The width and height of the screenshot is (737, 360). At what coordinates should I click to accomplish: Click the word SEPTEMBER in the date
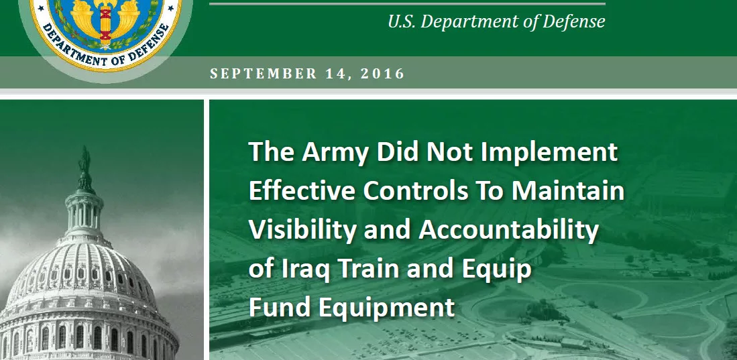264,74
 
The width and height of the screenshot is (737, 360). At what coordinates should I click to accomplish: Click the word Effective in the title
302,191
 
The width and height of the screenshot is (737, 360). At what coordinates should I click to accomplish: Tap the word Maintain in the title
568,191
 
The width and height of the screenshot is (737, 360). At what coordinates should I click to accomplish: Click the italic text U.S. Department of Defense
496,21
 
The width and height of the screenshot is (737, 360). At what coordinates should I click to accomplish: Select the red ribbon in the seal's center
106,23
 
